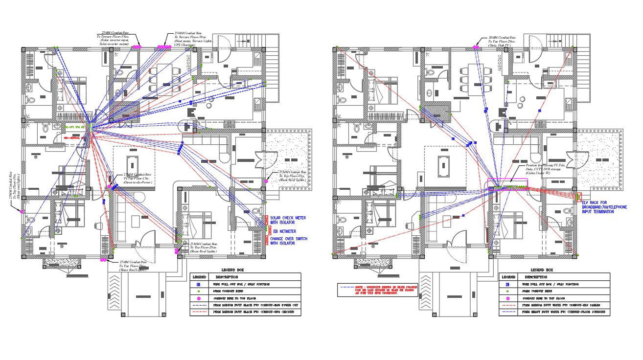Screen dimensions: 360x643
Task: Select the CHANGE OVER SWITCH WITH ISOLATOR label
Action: [x=289, y=241]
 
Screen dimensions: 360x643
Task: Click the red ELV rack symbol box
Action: [x=578, y=198]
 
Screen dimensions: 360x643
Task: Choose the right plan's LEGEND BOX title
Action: [x=542, y=270]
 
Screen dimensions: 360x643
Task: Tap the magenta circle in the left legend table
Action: [x=199, y=298]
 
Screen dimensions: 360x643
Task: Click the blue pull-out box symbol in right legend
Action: [x=507, y=284]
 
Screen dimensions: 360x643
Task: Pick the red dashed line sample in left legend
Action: [x=199, y=312]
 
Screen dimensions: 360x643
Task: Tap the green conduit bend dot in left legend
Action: [x=199, y=291]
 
